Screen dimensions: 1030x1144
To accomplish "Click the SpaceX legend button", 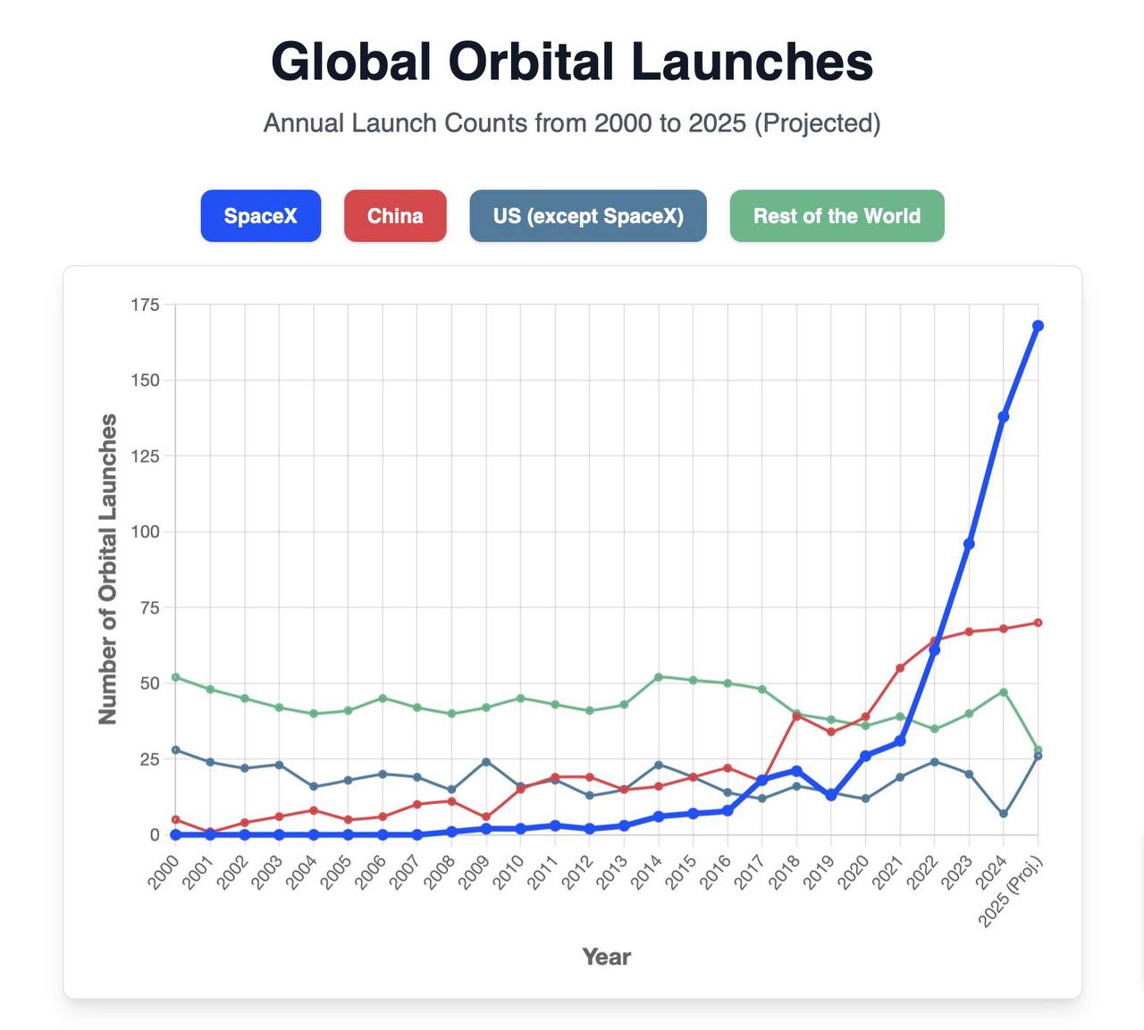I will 260,216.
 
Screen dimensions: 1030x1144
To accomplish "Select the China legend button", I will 395,216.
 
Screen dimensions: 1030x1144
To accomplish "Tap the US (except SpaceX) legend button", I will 588,216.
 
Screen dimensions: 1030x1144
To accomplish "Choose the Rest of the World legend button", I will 837,216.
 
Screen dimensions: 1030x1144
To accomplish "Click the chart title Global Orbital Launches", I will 572,62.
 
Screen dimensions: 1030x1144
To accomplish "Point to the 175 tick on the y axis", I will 145,305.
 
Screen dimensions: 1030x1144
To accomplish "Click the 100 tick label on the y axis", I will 145,532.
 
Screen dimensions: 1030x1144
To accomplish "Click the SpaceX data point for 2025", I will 1038,326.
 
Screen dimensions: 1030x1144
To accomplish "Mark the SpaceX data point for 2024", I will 1004,416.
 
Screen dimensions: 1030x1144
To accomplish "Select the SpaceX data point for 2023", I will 969,544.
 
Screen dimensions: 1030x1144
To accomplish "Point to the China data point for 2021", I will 900,668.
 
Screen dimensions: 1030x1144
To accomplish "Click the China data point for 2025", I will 1038,623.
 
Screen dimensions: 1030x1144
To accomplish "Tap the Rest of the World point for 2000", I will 176,677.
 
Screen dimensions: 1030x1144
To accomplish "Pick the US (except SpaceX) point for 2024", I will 1004,814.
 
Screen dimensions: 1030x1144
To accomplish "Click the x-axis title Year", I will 606,957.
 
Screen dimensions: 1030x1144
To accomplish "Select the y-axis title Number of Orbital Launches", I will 108,569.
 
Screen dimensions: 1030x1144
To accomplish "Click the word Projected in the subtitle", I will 817,123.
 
